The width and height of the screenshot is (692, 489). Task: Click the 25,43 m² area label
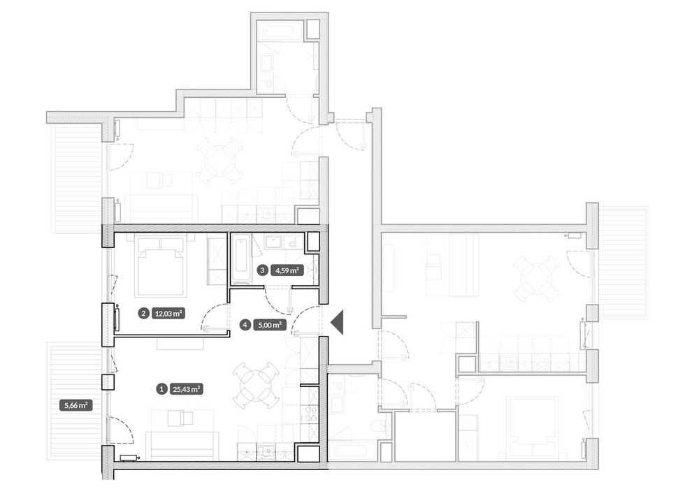tap(187, 389)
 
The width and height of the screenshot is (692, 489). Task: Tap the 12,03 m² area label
tap(168, 314)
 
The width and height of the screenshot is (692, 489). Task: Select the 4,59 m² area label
tap(287, 270)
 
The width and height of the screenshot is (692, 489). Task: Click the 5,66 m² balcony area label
tap(76, 406)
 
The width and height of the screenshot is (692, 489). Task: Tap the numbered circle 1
tap(162, 389)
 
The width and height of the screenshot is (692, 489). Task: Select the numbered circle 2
tap(143, 314)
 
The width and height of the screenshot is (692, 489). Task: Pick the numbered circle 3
tap(263, 270)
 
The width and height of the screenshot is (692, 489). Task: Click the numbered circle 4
tap(245, 326)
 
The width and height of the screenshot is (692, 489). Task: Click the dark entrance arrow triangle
tap(338, 322)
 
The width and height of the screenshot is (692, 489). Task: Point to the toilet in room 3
tap(292, 242)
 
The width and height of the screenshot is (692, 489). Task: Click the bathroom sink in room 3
tap(274, 242)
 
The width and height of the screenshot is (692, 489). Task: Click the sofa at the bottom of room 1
tap(182, 446)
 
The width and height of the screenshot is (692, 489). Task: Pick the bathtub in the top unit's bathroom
tap(282, 32)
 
